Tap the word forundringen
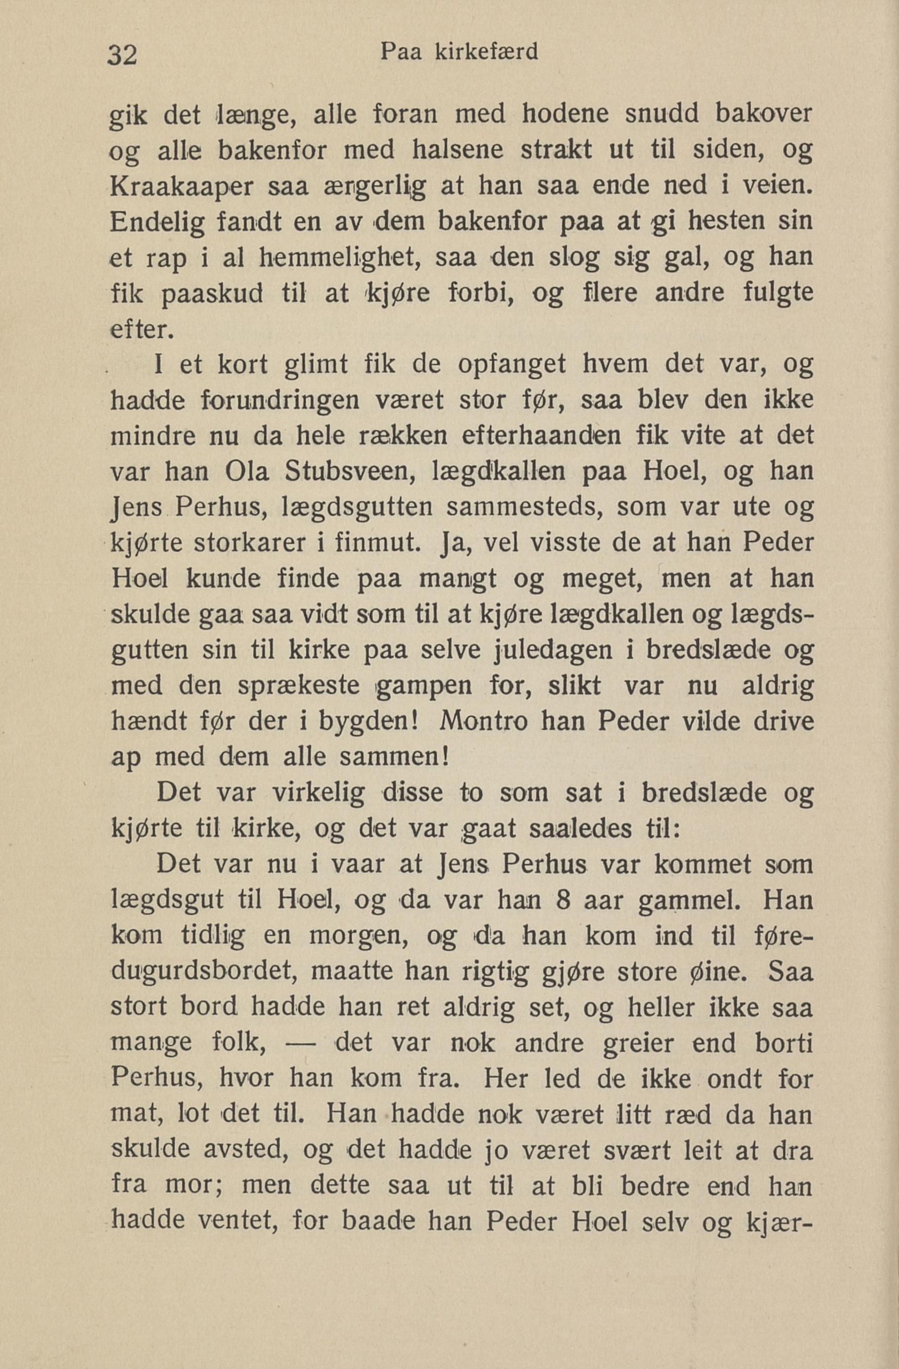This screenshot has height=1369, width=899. coord(281,401)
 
